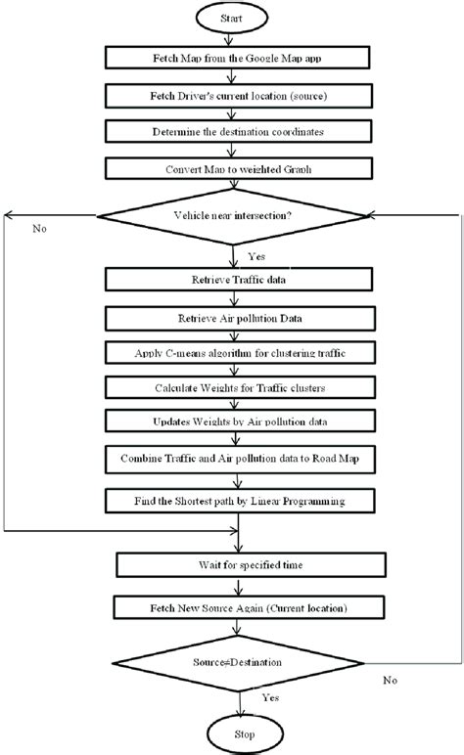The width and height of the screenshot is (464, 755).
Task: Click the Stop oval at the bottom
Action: tap(232, 734)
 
